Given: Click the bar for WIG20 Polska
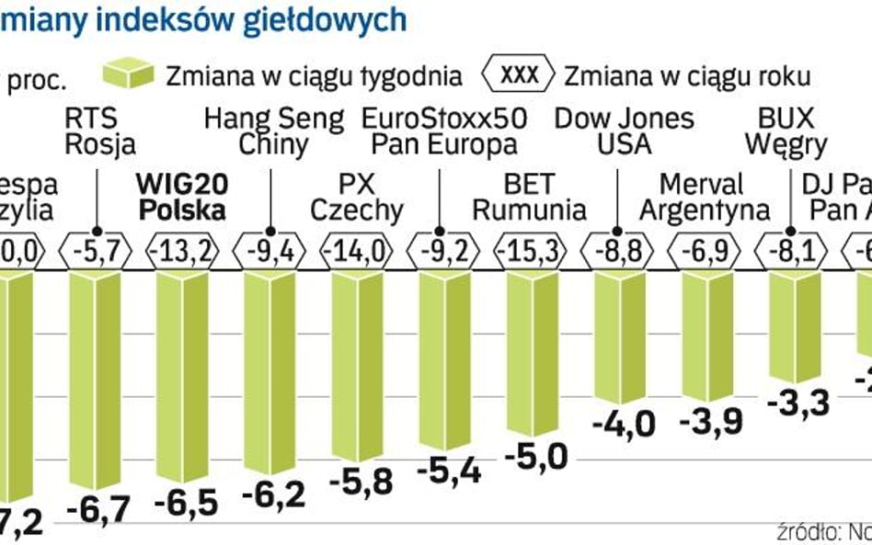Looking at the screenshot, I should tap(182, 377).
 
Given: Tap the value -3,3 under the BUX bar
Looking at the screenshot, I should tap(797, 403).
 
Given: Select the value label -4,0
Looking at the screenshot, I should tap(623, 425).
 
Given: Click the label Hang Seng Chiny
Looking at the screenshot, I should tap(273, 131).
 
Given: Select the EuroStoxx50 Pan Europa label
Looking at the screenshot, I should tap(441, 131).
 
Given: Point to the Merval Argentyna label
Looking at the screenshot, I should tap(704, 196).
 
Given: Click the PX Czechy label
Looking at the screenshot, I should tap(356, 196).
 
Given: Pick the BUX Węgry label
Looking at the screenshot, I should tap(786, 131).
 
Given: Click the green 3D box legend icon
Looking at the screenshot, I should tap(129, 74).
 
